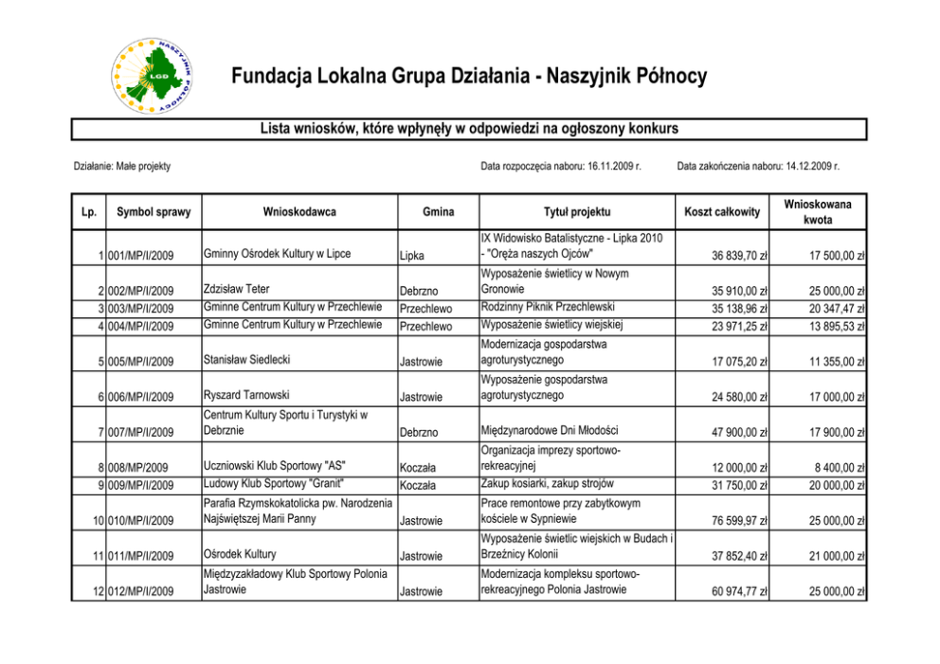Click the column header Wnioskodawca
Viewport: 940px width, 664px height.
tap(299, 212)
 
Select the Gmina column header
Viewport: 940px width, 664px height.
tap(439, 212)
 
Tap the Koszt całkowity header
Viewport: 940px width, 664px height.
tap(721, 212)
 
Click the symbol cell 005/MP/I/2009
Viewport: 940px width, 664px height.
tap(140, 361)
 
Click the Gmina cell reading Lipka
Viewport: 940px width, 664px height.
tap(412, 256)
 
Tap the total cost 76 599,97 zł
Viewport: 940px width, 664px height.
tap(735, 521)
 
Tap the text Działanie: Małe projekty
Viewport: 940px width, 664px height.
tap(122, 167)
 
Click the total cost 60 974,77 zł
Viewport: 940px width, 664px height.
tap(735, 592)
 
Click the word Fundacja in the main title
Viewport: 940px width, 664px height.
tap(264, 77)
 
